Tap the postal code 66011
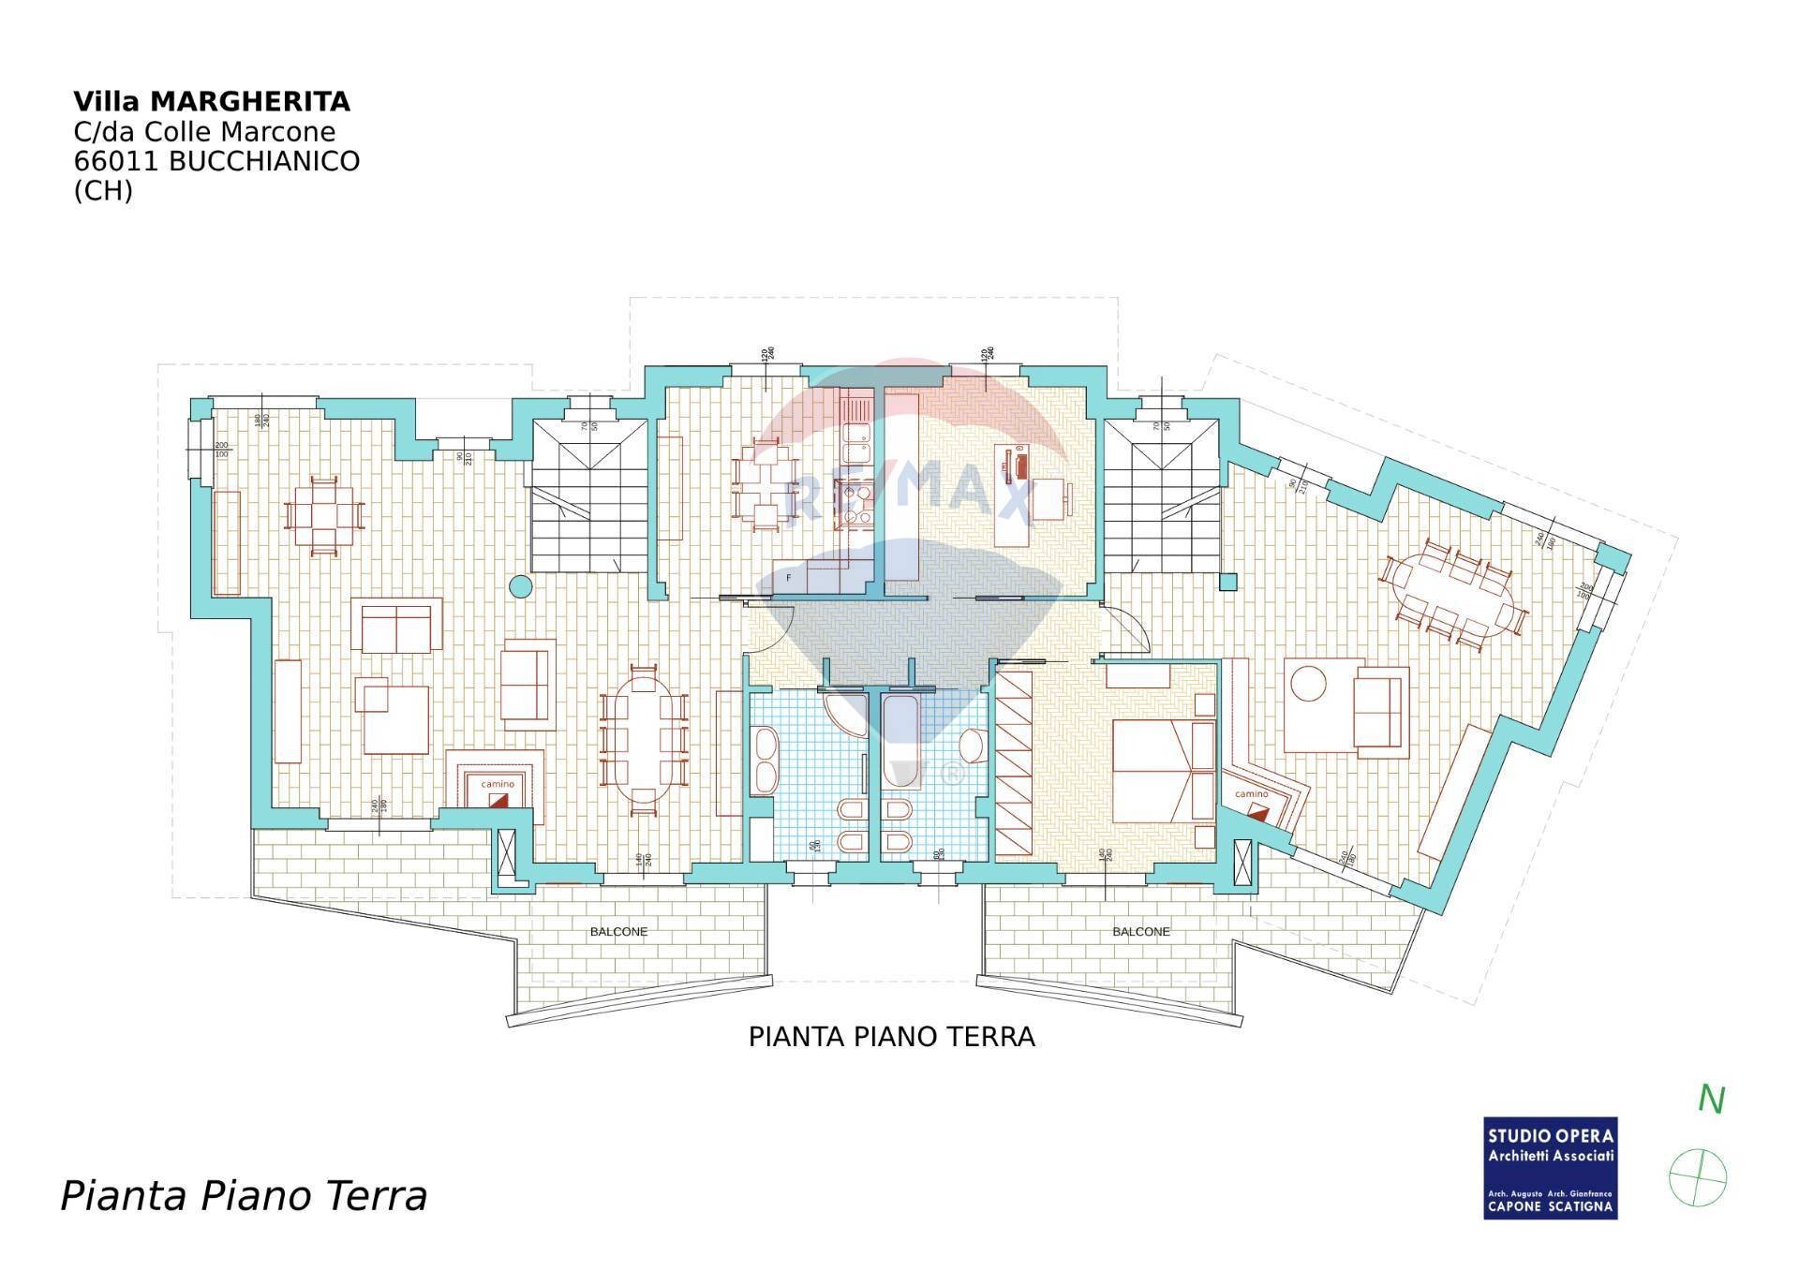117,161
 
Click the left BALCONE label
618,932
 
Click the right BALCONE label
1141,932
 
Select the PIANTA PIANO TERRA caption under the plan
891,1037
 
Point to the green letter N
1711,1101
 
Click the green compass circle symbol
1698,1177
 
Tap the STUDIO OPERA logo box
1551,1168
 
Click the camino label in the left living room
498,784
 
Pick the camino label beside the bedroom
1251,794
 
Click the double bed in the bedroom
1162,770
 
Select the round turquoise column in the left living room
520,587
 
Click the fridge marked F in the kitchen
789,579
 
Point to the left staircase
590,496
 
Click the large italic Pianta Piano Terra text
244,1197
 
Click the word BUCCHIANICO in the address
264,161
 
